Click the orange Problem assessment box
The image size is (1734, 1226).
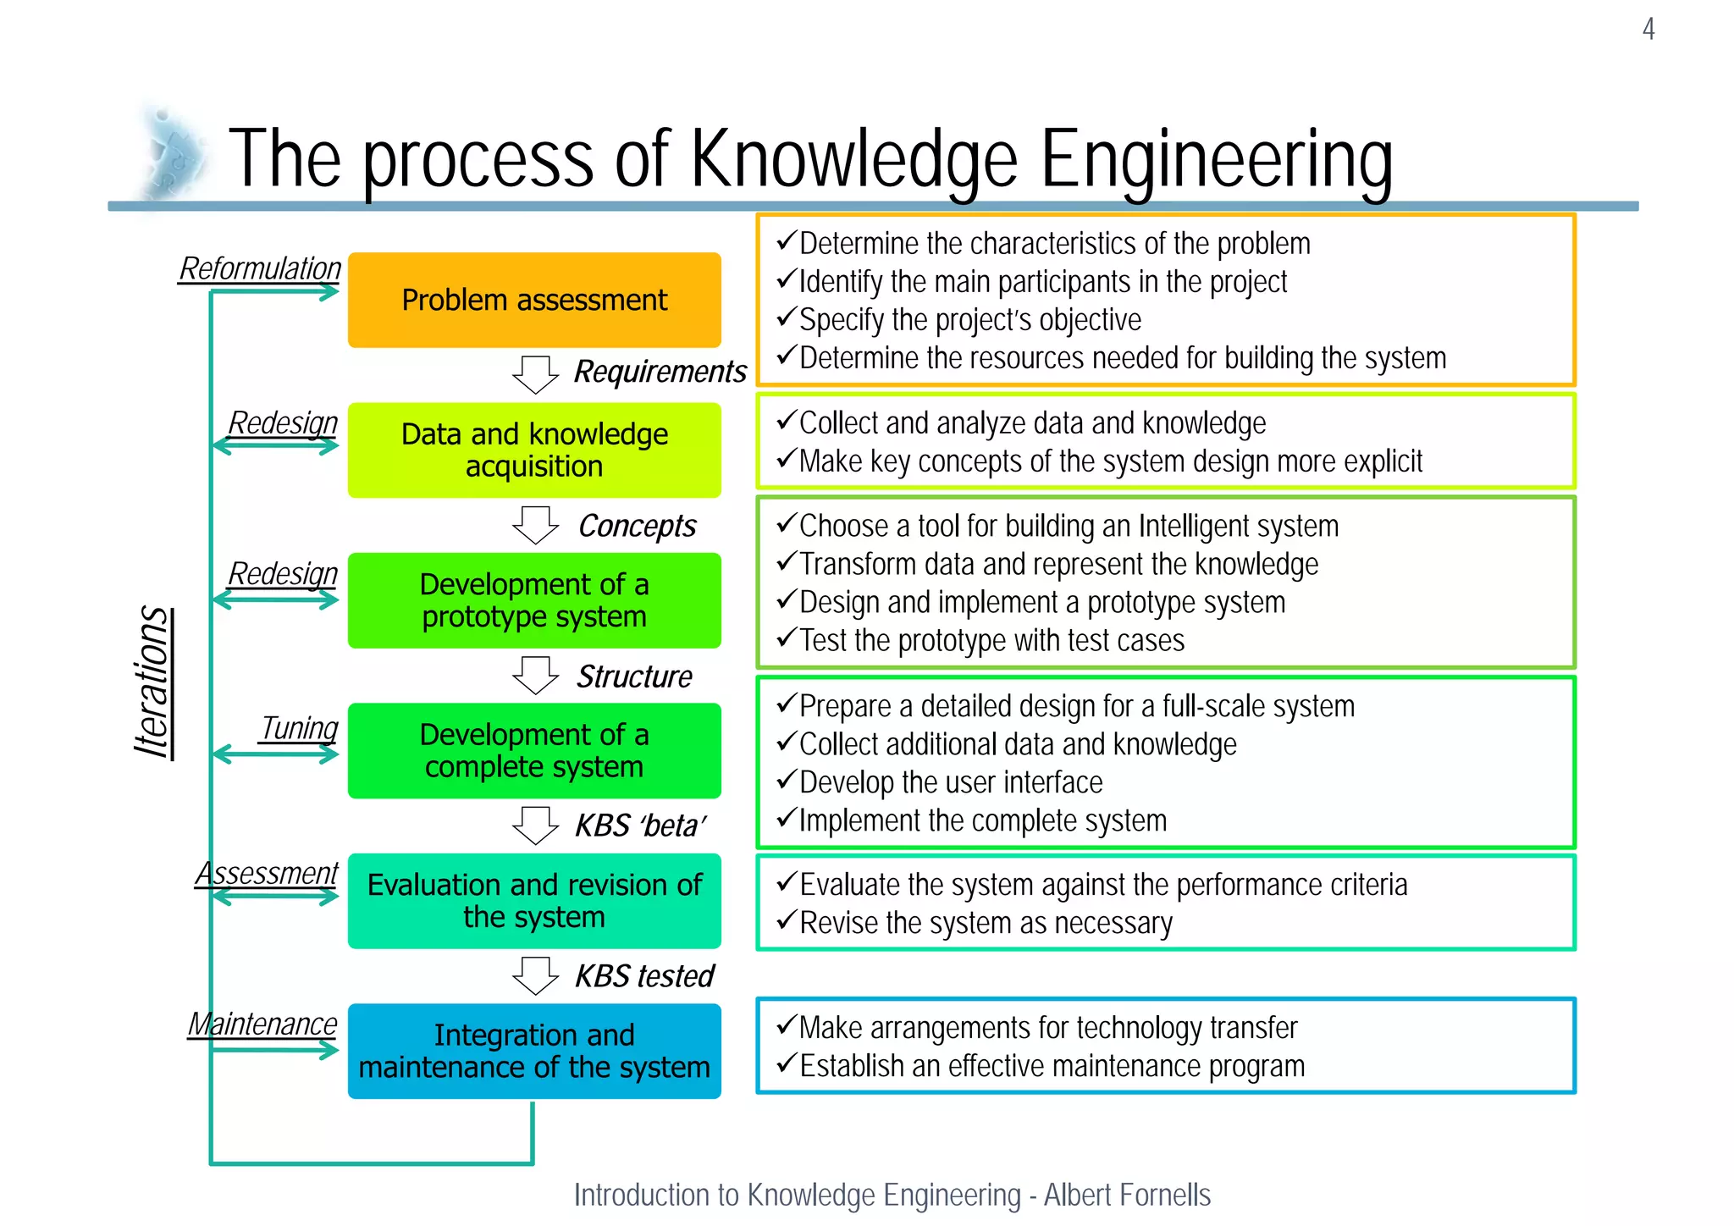tap(534, 300)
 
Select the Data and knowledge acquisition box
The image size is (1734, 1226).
tap(534, 450)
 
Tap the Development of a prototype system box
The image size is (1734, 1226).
tap(534, 600)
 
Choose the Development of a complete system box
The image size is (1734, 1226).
tap(534, 750)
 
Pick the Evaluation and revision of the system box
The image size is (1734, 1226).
tap(534, 901)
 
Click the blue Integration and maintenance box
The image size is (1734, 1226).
tap(534, 1051)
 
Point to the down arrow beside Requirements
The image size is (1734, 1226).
tap(535, 373)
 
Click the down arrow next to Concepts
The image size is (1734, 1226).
tap(535, 525)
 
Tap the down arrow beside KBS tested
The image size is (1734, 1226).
tap(535, 975)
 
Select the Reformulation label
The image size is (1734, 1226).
tap(260, 268)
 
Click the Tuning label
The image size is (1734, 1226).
tap(299, 727)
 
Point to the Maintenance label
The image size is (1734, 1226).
tap(262, 1024)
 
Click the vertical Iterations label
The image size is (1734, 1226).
tap(153, 682)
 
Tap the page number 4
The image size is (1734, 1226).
tap(1648, 30)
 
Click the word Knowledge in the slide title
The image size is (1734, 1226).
tap(853, 159)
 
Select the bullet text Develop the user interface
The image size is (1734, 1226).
tap(950, 782)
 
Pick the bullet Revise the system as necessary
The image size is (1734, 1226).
tap(986, 923)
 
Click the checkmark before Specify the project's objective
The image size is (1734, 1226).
tap(786, 318)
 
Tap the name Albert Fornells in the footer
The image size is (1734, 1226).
tap(1127, 1195)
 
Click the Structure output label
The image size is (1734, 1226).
tap(634, 677)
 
